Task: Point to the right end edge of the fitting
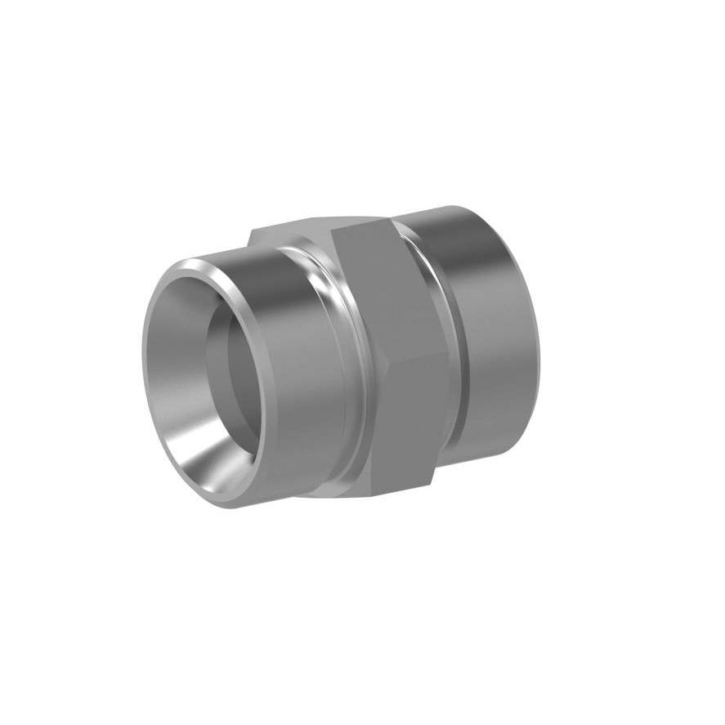click(535, 327)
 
